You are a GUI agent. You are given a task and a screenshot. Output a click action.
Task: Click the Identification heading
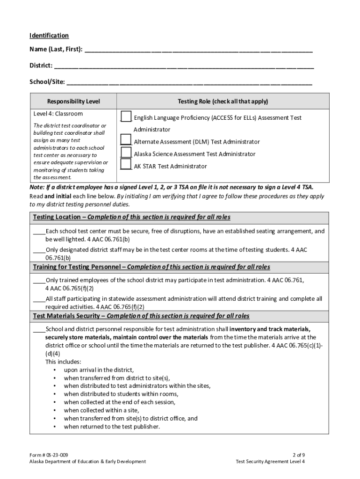coord(49,36)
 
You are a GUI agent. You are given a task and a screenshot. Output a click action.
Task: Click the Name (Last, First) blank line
coord(199,51)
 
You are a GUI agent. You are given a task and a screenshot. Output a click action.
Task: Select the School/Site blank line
coord(189,83)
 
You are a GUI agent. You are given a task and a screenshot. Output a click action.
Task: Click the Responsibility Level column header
coord(73,102)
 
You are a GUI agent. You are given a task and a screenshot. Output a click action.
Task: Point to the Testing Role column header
coord(223,102)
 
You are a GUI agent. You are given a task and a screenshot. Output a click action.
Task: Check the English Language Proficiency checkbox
coord(126,116)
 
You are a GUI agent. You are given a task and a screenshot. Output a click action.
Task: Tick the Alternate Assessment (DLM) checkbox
coord(126,139)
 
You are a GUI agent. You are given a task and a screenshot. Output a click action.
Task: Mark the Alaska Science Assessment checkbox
coord(126,152)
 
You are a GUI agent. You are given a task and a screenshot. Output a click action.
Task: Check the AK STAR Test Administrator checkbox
coord(126,164)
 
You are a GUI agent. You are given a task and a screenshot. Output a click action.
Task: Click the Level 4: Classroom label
coord(58,114)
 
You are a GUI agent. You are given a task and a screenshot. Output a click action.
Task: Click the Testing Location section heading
coord(131,218)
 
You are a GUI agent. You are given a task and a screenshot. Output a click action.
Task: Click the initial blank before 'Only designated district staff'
coord(39,250)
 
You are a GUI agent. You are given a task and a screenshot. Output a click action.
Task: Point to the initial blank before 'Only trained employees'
coord(39,281)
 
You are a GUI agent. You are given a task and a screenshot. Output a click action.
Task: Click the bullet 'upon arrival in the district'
coord(99,370)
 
